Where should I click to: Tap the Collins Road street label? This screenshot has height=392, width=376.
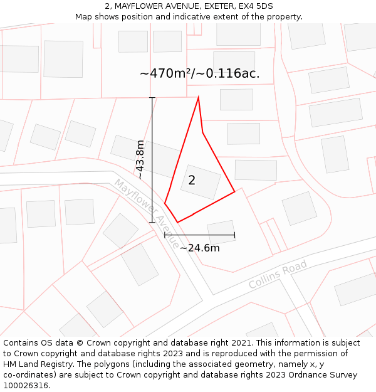278,275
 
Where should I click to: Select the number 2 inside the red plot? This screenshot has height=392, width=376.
192,181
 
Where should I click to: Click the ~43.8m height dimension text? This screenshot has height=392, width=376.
140,159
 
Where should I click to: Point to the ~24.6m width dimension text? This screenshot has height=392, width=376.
199,248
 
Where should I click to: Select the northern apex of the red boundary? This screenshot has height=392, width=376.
199,97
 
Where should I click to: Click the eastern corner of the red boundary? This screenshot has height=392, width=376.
235,191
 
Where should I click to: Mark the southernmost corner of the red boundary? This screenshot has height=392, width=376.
178,222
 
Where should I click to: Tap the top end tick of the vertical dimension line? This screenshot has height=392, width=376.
152,98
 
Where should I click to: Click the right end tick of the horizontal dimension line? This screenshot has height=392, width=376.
234,235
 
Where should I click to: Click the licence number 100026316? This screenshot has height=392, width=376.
26,386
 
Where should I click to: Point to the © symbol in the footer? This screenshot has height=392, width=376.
80,343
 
